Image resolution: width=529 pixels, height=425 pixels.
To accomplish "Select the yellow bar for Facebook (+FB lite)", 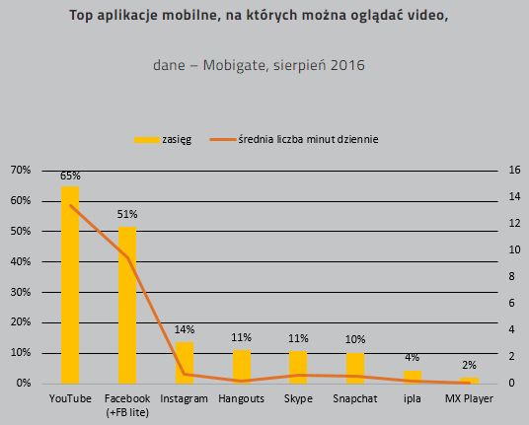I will [127, 305].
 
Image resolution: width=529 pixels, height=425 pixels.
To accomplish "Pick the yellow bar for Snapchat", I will [355, 368].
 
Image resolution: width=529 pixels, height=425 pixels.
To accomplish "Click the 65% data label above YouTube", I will [70, 177].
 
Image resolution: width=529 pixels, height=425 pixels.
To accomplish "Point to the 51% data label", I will [127, 214].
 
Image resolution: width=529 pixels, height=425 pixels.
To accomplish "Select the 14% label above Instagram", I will [185, 329].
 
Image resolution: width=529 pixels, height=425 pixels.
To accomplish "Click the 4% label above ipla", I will [413, 358].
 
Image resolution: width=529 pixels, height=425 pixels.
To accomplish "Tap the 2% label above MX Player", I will [470, 365].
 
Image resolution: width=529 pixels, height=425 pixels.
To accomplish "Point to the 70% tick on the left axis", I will [20, 170].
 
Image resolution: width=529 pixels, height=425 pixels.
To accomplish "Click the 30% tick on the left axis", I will [20, 292].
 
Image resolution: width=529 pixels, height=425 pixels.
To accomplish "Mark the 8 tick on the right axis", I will [509, 276].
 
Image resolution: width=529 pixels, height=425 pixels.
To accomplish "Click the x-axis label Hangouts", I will [241, 397].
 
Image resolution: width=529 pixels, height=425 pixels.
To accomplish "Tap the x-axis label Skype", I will [298, 397].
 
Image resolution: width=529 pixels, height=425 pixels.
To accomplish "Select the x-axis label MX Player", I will [470, 397].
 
